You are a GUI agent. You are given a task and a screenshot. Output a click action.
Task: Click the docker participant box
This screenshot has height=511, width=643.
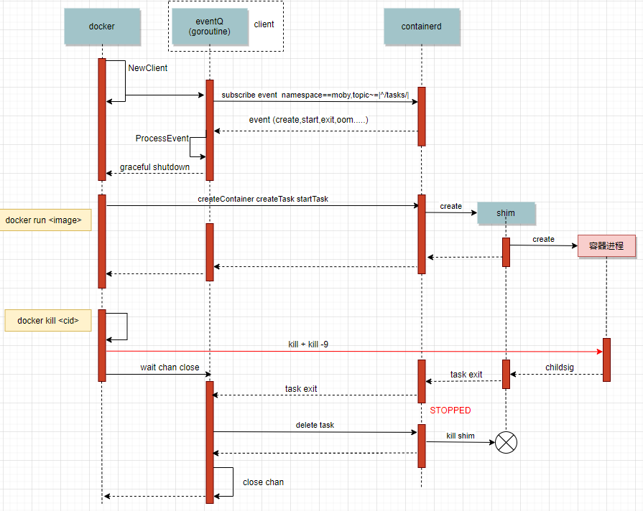click(101, 27)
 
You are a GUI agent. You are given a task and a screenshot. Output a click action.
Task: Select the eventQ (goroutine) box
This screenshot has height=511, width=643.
click(208, 27)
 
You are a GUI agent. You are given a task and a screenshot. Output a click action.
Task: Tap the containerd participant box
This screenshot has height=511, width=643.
click(421, 27)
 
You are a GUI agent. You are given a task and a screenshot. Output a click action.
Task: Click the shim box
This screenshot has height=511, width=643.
click(506, 213)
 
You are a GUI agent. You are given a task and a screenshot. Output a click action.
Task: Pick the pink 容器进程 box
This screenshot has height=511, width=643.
click(606, 245)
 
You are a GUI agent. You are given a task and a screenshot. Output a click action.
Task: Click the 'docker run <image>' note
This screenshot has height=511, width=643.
click(45, 220)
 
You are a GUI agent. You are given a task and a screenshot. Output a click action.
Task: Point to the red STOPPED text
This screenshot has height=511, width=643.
click(450, 411)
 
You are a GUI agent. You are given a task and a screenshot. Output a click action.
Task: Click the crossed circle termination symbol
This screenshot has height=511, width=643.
click(506, 443)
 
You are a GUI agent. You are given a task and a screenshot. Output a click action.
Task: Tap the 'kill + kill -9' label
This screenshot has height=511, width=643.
click(308, 345)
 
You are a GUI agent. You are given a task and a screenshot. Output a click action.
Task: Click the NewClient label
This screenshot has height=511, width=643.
click(148, 68)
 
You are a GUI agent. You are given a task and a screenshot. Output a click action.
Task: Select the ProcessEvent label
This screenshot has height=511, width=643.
click(162, 138)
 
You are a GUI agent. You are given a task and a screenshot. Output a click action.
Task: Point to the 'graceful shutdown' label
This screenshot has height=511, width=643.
click(154, 167)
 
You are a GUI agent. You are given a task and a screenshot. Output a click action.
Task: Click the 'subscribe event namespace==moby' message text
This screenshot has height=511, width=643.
click(315, 95)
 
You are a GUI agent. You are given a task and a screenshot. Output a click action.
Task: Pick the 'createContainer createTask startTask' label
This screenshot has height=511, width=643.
click(263, 199)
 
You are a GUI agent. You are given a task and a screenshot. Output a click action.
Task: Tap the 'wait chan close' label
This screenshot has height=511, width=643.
click(170, 367)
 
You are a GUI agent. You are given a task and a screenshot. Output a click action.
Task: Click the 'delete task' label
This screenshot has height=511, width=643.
click(315, 425)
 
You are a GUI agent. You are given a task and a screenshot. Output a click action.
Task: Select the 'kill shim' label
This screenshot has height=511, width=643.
click(461, 436)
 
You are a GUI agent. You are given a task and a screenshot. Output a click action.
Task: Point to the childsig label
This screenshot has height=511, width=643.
click(560, 367)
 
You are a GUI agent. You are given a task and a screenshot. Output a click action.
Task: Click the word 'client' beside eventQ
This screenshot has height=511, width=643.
click(264, 24)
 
